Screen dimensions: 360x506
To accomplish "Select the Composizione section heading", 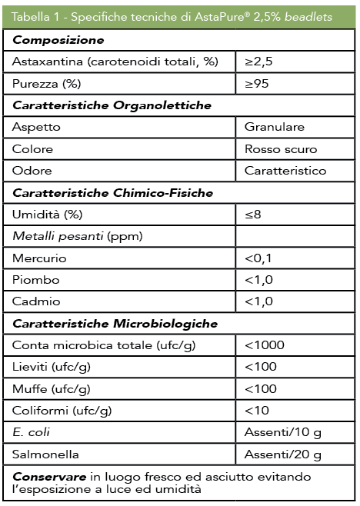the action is [x=58, y=39].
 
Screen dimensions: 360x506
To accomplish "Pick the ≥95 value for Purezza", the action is [x=257, y=83].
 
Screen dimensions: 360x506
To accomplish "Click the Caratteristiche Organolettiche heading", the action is [x=112, y=105].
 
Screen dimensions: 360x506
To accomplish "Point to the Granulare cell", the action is [x=275, y=127].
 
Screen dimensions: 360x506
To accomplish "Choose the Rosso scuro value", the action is [x=281, y=148].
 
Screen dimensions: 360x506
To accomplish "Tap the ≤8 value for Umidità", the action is [x=253, y=215].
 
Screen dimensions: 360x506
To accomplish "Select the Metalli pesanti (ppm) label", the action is [x=62, y=236].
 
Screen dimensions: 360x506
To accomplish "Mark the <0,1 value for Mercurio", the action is [x=259, y=258].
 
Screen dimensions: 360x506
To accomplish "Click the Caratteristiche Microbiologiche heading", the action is [x=115, y=324].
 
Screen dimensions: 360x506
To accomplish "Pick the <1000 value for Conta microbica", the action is [x=263, y=345].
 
